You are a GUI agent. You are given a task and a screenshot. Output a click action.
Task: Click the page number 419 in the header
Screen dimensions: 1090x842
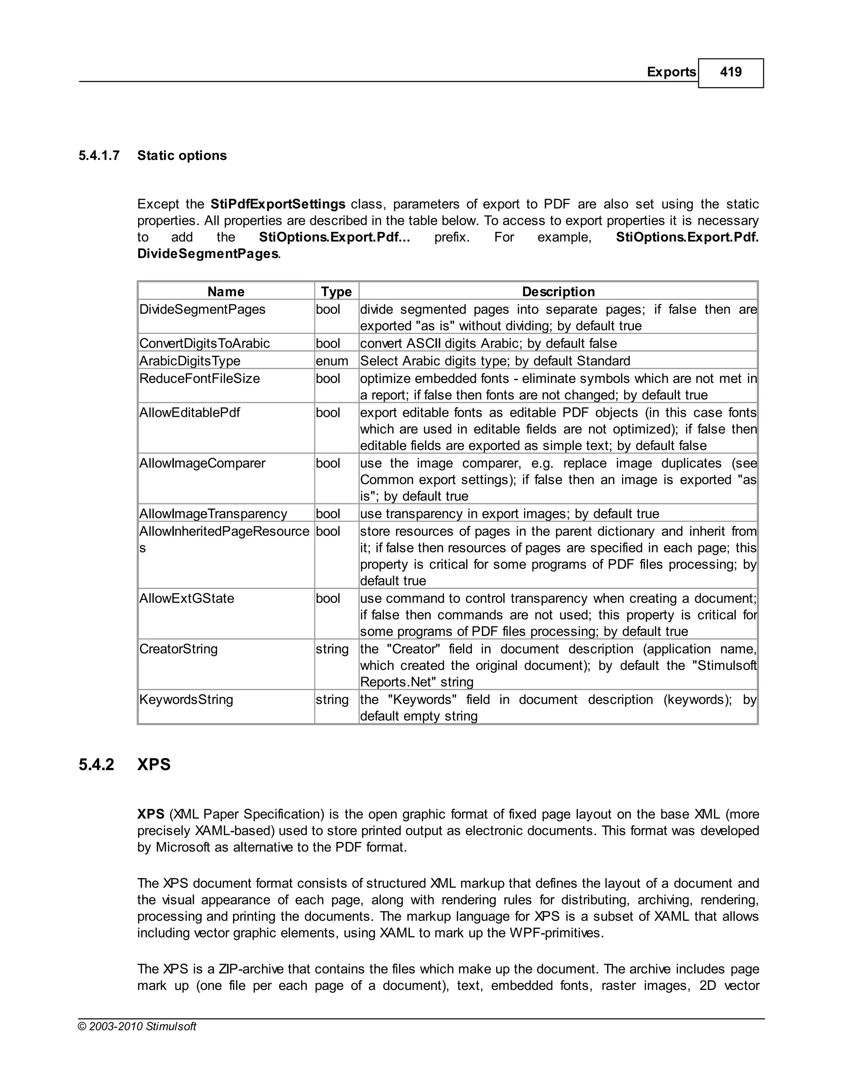730,72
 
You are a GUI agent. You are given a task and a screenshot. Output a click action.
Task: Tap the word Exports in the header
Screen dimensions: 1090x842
671,72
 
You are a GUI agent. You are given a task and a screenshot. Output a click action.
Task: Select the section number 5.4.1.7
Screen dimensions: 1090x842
99,156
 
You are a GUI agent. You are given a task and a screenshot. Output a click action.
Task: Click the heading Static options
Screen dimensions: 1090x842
182,156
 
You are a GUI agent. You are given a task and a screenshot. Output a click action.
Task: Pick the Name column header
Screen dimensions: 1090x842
226,292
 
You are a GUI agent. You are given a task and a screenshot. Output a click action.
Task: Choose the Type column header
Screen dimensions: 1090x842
336,292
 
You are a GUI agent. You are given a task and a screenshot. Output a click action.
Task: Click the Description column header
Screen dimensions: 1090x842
558,292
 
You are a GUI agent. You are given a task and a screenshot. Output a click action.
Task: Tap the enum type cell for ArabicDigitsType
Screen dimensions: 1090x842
332,361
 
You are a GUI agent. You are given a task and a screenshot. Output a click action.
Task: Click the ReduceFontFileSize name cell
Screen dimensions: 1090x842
199,378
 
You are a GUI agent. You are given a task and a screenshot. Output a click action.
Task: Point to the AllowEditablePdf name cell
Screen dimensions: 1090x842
190,413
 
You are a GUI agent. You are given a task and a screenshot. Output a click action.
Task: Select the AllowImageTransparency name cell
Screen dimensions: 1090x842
213,514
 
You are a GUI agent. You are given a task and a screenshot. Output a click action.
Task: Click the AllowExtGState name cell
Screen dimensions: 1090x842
187,598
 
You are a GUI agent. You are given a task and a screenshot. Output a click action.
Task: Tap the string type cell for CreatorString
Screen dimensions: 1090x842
332,649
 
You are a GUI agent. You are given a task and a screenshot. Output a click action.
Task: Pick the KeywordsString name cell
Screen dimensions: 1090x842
186,699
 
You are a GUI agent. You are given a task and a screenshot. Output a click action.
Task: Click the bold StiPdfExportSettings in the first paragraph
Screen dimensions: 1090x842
278,204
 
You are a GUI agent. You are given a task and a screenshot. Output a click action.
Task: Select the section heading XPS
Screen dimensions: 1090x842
154,765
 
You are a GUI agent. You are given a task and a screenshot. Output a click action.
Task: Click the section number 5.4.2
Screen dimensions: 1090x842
96,765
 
